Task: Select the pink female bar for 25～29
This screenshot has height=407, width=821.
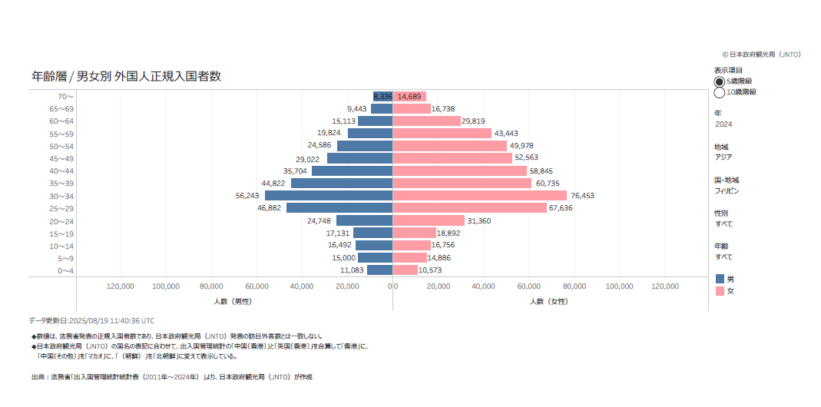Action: [x=469, y=208]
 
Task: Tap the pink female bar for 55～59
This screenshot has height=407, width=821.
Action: [x=442, y=134]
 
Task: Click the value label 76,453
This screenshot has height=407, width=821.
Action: [x=582, y=196]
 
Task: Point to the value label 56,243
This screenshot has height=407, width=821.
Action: [x=248, y=196]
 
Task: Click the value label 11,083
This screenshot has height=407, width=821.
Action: [x=352, y=270]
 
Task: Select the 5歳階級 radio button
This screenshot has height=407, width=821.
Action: [x=720, y=81]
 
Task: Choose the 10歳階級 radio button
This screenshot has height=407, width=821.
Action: [x=720, y=92]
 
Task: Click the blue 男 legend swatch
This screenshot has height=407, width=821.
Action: [x=720, y=279]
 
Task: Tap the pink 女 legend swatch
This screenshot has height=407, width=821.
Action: [x=720, y=291]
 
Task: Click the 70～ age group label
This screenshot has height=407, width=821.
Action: [x=65, y=97]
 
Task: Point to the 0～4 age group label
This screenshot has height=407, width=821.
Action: [x=65, y=270]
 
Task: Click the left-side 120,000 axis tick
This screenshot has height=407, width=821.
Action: [x=121, y=286]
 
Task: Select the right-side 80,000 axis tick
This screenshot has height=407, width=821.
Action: [x=574, y=286]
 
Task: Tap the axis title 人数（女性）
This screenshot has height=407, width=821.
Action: [x=549, y=302]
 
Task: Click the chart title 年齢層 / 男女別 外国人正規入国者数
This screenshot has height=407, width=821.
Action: [x=127, y=76]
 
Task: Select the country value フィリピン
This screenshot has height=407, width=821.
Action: [x=727, y=190]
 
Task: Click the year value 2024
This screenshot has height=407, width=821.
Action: [x=723, y=124]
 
